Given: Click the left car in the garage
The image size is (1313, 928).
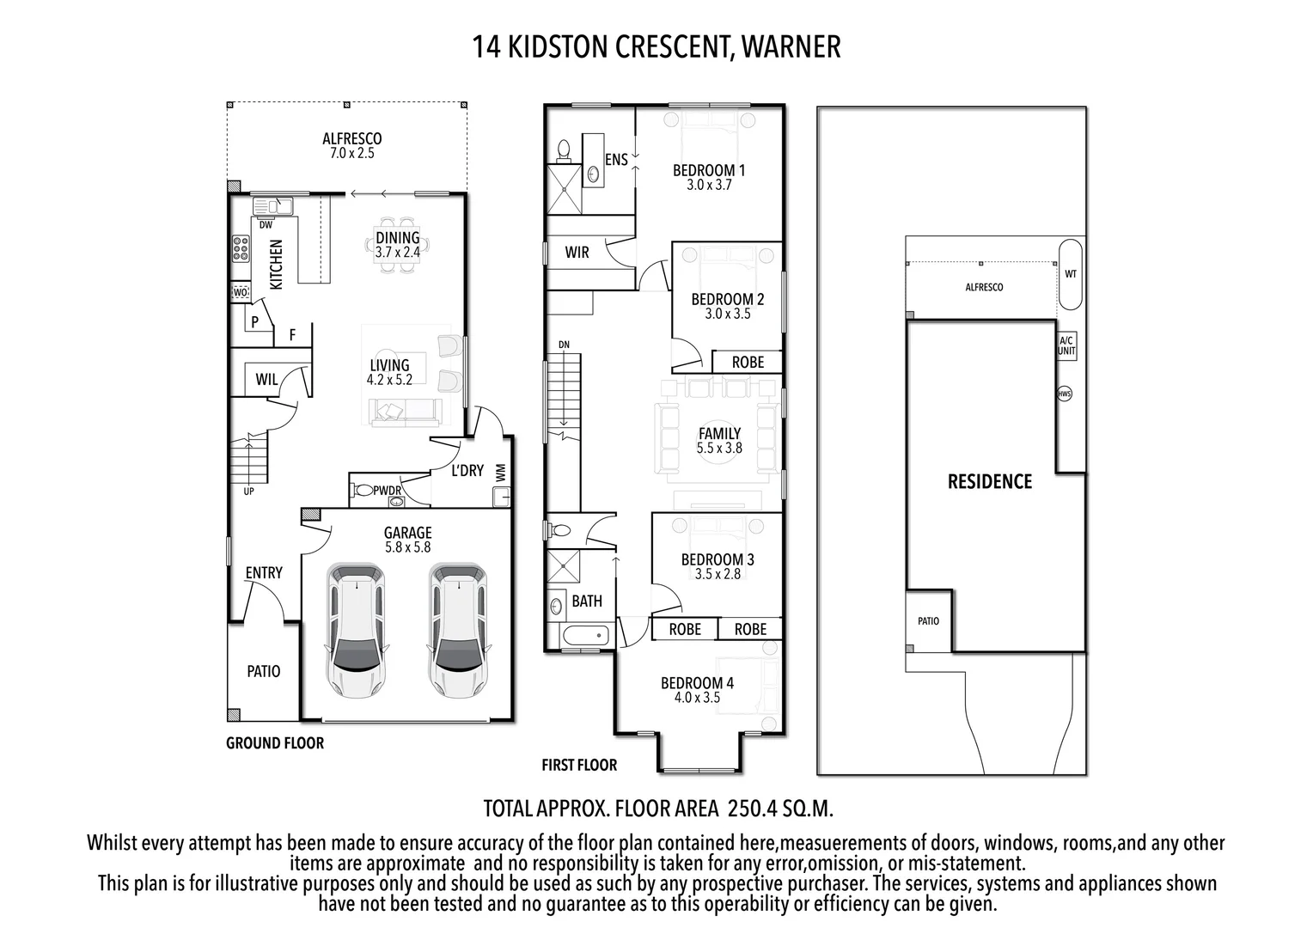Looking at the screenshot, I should point(356,631).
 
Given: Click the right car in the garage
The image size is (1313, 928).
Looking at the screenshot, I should point(458,631).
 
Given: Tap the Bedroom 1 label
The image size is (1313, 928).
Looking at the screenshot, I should point(709,170).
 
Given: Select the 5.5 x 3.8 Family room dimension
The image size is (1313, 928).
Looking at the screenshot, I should point(719,448).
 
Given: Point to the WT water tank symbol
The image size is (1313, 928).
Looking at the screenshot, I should point(1070,275).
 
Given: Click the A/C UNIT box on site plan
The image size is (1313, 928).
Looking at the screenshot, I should point(1066,345).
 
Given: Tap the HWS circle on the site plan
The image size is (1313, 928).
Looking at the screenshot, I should point(1065,394).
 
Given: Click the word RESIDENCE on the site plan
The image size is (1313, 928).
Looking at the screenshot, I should point(990,481).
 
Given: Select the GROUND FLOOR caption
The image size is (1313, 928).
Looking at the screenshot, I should point(275,743).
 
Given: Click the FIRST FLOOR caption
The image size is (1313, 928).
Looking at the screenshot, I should point(579,765).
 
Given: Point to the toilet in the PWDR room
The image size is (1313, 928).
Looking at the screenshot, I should point(363,491).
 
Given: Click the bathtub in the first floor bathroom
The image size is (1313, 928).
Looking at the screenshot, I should point(585,637).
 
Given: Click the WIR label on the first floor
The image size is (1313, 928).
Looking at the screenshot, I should point(577,252).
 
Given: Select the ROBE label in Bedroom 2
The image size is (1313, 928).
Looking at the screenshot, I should point(748,362).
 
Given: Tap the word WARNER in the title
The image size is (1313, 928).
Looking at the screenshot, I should point(791,46).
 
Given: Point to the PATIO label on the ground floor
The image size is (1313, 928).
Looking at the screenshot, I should point(264,671).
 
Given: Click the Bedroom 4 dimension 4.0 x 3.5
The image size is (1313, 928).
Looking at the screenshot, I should point(697,698).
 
